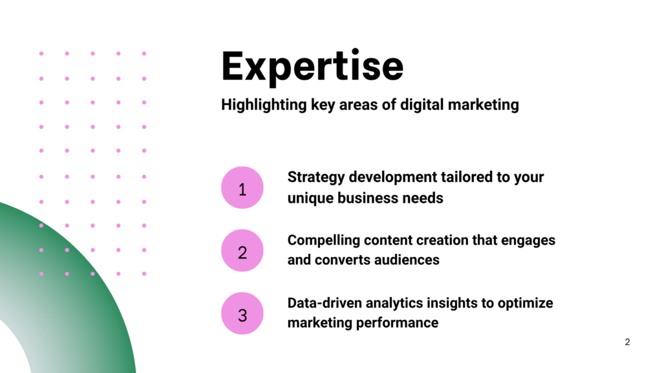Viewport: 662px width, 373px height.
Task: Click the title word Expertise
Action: [312, 67]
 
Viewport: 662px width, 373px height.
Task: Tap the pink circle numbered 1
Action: [242, 188]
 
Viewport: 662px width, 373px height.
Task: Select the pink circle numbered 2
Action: [242, 251]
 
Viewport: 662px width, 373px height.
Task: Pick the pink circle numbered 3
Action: [242, 313]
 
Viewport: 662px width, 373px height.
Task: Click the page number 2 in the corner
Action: [627, 342]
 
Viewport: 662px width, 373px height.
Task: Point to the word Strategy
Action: [315, 177]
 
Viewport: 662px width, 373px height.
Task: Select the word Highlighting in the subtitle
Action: [264, 105]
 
